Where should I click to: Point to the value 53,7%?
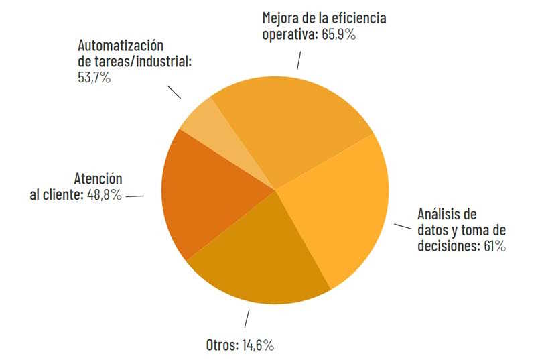[94, 78]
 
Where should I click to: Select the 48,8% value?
[104, 196]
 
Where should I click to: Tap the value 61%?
[494, 246]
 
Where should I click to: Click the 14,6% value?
[257, 345]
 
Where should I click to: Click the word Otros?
[222, 345]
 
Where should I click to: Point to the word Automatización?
[121, 46]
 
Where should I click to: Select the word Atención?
[98, 180]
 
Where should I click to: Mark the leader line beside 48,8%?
[135, 196]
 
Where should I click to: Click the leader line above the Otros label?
[247, 318]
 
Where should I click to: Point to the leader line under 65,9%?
[299, 61]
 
